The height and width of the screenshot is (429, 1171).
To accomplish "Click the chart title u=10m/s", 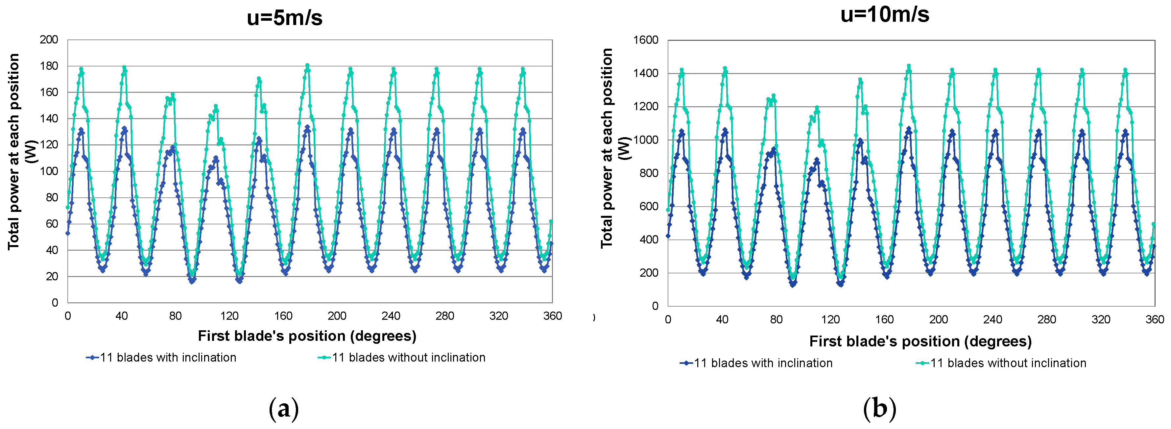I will click(885, 14).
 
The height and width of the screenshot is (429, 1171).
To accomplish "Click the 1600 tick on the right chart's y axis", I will click(646, 40).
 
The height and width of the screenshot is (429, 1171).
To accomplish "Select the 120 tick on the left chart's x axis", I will click(229, 316).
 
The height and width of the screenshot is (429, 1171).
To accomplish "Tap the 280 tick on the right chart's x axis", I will click(1046, 319).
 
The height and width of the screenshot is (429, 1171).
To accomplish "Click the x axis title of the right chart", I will click(920, 341).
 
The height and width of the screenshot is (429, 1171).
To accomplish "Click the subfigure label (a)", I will click(284, 408).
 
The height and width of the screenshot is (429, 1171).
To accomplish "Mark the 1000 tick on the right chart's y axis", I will click(646, 140).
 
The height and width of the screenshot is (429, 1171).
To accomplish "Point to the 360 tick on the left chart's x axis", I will click(552, 316).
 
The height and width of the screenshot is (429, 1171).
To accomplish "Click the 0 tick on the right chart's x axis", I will click(668, 319).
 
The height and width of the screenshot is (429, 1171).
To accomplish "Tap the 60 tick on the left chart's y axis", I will click(52, 223).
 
